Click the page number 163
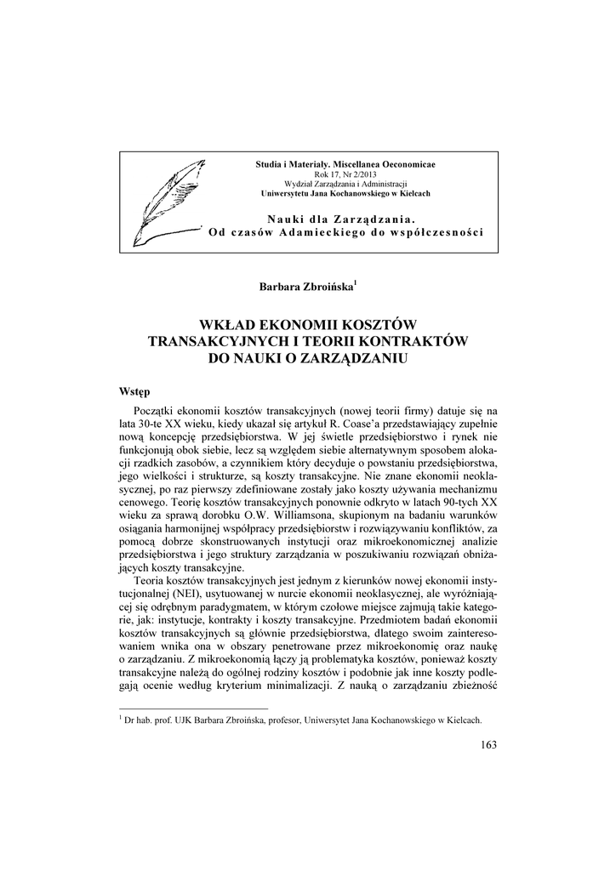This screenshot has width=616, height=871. click(488, 746)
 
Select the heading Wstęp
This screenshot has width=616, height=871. click(134, 392)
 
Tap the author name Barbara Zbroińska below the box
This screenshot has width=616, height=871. click(307, 287)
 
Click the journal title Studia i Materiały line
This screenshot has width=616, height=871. click(351, 163)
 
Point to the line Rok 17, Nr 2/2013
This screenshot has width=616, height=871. click(351, 174)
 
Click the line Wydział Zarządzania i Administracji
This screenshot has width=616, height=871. click(351, 183)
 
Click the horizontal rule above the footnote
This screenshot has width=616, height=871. click(193, 708)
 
